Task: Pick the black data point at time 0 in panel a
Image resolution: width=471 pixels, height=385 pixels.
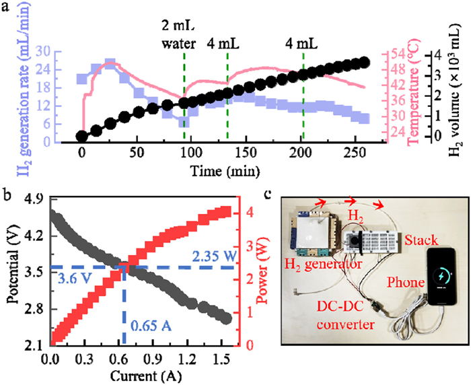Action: (x=82, y=135)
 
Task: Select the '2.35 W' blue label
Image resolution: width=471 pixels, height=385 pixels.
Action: (x=213, y=257)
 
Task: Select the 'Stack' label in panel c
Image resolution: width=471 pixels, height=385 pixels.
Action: (x=419, y=239)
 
